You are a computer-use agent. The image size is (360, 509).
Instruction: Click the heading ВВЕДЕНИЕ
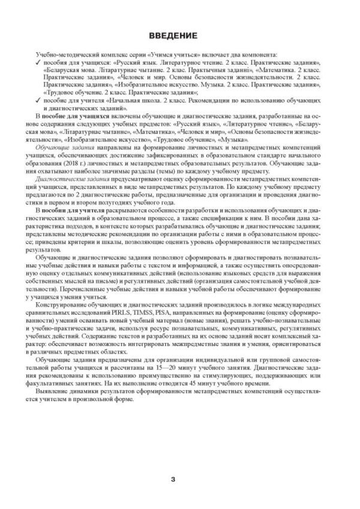179,35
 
